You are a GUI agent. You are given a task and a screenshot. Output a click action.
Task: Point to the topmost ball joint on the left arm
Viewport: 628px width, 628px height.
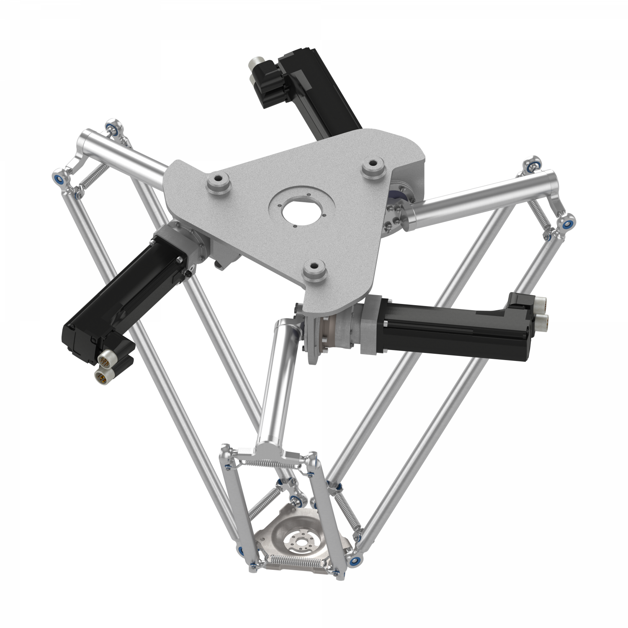[112, 125]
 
